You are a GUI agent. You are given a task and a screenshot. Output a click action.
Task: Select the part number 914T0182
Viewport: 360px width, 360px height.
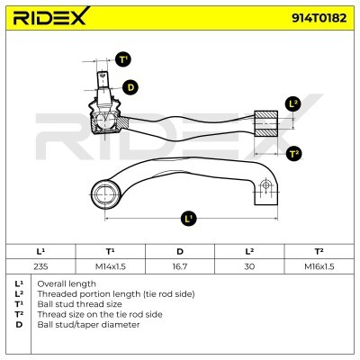coord(319,18)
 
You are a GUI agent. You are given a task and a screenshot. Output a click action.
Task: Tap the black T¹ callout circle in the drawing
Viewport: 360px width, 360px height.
coord(123,59)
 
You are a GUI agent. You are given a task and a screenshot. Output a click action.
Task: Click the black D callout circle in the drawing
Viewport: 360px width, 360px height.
coord(130,87)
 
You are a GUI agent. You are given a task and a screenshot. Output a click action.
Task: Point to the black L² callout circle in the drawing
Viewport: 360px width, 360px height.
coord(293,103)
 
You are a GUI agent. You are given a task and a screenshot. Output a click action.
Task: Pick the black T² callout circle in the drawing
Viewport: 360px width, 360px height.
coord(293,154)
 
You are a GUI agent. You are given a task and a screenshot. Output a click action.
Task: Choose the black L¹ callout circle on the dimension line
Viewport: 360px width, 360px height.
coord(188,218)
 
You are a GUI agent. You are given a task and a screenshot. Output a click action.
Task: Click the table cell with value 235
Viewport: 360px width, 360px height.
coord(40,266)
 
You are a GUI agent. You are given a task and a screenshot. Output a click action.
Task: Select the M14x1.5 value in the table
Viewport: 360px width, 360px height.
coord(111,266)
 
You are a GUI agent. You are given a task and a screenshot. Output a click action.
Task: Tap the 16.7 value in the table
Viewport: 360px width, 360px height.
coord(180,266)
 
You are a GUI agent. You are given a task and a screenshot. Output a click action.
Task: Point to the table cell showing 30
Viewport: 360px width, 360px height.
coord(249,266)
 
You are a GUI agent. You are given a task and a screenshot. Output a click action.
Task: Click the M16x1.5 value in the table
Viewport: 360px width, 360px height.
coord(319,266)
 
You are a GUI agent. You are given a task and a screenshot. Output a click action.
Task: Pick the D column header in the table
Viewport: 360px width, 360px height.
coord(180,251)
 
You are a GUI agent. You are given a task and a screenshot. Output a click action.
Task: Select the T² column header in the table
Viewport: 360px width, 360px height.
coord(319,251)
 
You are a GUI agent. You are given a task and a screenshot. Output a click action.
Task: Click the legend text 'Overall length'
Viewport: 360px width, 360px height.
coord(67,283)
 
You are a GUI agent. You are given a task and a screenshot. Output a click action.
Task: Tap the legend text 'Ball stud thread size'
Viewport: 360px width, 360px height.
coord(79,304)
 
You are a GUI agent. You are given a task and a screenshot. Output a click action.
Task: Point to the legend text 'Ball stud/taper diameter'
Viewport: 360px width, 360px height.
coord(88,325)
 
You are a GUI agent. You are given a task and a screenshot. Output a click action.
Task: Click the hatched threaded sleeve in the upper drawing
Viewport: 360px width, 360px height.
coord(265,123)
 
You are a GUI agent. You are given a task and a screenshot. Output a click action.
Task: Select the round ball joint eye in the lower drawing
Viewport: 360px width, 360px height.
coord(105,194)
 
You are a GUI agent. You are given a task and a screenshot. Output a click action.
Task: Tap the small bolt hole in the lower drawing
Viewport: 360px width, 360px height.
coord(265,184)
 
